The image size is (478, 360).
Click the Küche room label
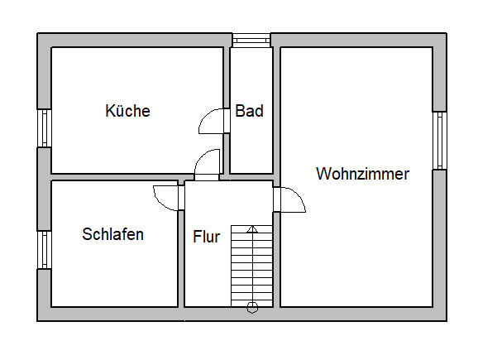pyautogui.click(x=127, y=110)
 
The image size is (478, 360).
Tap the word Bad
pyautogui.click(x=249, y=110)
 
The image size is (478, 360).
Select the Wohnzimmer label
pyautogui.click(x=362, y=174)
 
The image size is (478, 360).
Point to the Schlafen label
pyautogui.click(x=112, y=234)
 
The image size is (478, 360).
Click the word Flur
pyautogui.click(x=207, y=237)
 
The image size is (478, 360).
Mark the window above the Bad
pyautogui.click(x=251, y=40)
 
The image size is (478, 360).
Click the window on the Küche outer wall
pyautogui.click(x=45, y=128)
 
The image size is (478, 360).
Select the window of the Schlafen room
pyautogui.click(x=45, y=250)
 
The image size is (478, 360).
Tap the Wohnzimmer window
pyautogui.click(x=440, y=141)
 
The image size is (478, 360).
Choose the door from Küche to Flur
pyautogui.click(x=207, y=165)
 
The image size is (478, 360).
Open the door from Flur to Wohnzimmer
pyautogui.click(x=289, y=199)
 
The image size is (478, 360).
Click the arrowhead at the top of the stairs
pyautogui.click(x=252, y=229)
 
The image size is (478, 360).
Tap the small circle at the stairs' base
pyautogui.click(x=252, y=308)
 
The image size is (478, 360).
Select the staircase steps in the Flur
pyautogui.click(x=251, y=266)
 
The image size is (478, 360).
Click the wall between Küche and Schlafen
pyautogui.click(x=122, y=177)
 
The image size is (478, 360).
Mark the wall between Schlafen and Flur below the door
pyautogui.click(x=181, y=258)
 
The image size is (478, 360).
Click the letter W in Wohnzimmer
pyautogui.click(x=323, y=174)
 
